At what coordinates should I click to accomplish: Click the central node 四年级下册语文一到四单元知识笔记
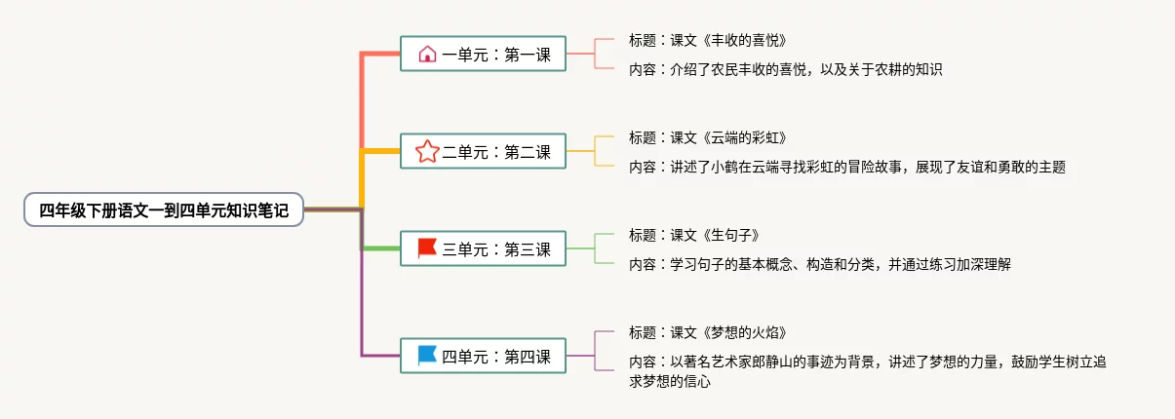coord(164,209)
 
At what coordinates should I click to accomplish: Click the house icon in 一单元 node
coord(427,55)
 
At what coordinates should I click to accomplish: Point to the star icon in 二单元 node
coord(427,151)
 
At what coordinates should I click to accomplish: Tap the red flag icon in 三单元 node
coord(427,248)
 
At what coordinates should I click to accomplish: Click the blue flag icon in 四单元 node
coord(427,357)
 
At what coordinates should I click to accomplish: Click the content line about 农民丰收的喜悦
coord(785,69)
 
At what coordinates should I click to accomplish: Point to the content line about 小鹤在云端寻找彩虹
coord(846,167)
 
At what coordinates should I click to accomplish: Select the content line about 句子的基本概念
coord(811,263)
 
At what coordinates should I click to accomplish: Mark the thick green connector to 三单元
coord(381,248)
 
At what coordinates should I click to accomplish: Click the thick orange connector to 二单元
coord(381,151)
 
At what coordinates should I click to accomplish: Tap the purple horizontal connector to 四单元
coord(381,356)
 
